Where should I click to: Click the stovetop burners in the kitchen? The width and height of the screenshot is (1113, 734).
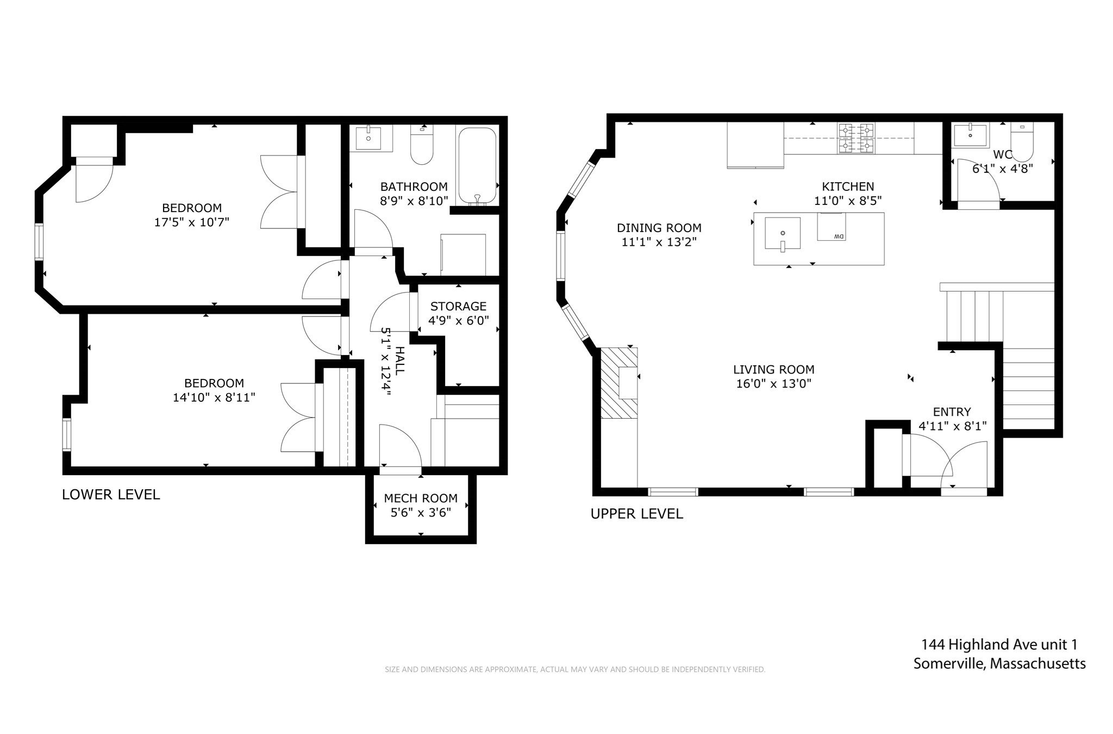pyautogui.click(x=856, y=138)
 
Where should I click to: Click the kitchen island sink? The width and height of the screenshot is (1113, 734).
pyautogui.click(x=783, y=233)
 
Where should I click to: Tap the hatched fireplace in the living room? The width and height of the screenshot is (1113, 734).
pyautogui.click(x=619, y=383)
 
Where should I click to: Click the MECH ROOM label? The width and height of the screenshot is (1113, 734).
pyautogui.click(x=421, y=498)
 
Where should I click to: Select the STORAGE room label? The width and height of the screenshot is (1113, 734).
pyautogui.click(x=458, y=306)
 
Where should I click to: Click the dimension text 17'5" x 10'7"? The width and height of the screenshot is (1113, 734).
pyautogui.click(x=192, y=222)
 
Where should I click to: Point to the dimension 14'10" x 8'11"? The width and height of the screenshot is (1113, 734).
pyautogui.click(x=214, y=397)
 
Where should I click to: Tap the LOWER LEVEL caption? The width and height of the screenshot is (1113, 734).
pyautogui.click(x=111, y=494)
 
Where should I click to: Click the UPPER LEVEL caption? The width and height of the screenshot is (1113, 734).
pyautogui.click(x=636, y=514)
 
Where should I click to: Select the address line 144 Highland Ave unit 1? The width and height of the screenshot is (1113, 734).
pyautogui.click(x=999, y=645)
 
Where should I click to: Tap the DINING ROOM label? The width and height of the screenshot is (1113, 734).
pyautogui.click(x=659, y=228)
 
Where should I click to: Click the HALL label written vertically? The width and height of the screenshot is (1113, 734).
pyautogui.click(x=399, y=360)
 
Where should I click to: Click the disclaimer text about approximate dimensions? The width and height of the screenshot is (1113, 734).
pyautogui.click(x=575, y=669)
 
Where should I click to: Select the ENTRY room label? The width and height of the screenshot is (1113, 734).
pyautogui.click(x=952, y=412)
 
